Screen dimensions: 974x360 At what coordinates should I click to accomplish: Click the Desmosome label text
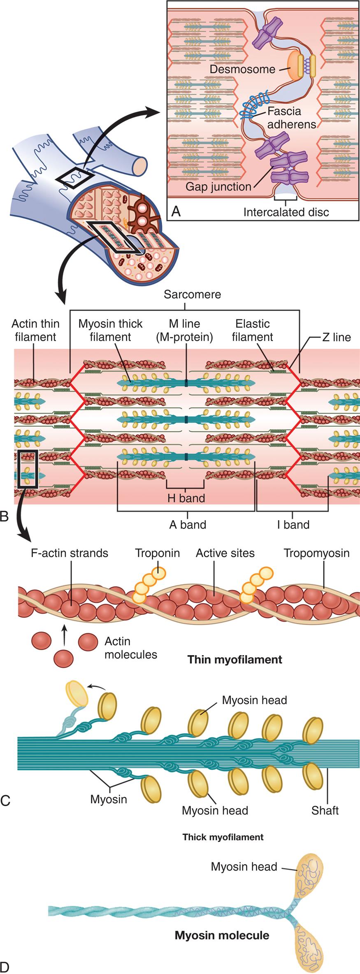[242, 69]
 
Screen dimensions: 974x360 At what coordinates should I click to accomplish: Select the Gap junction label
[218, 187]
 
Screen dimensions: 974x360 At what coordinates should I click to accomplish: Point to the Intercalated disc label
[286, 212]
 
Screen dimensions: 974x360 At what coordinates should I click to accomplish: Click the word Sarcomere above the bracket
[192, 295]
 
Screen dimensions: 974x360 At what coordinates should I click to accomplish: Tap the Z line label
[337, 337]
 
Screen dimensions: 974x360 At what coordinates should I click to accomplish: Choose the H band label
[186, 498]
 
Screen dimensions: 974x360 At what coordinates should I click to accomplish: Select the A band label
[188, 525]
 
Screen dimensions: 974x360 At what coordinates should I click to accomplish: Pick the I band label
[293, 525]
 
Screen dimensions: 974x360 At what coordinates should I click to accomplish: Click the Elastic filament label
[252, 330]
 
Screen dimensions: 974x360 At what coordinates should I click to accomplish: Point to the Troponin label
[158, 553]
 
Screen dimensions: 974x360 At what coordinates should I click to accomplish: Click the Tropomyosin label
[316, 553]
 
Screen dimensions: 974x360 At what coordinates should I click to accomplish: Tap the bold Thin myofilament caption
[235, 660]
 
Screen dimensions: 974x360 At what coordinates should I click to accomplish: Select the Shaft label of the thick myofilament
[325, 810]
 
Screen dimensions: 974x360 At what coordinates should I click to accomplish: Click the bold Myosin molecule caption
[222, 924]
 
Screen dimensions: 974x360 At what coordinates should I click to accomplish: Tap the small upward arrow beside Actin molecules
[64, 636]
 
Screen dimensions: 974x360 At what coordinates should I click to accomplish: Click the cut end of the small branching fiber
[140, 164]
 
